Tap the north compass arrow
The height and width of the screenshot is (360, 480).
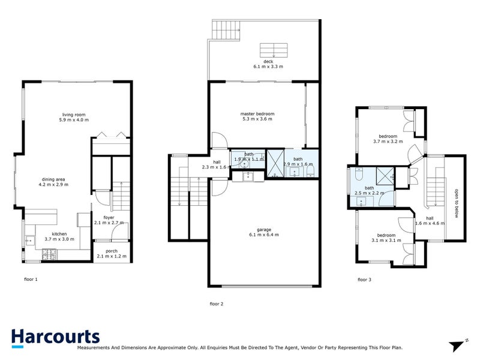pos(458,345)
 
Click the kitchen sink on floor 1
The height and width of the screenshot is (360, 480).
pos(30,241)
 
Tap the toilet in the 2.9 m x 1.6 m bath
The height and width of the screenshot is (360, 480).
pos(310,173)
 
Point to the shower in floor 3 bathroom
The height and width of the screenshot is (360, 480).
pos(383,176)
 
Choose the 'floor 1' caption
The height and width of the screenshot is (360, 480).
pos(31,279)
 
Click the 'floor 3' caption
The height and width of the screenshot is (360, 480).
pos(365,279)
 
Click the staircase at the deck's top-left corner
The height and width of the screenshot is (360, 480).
pos(226,29)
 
